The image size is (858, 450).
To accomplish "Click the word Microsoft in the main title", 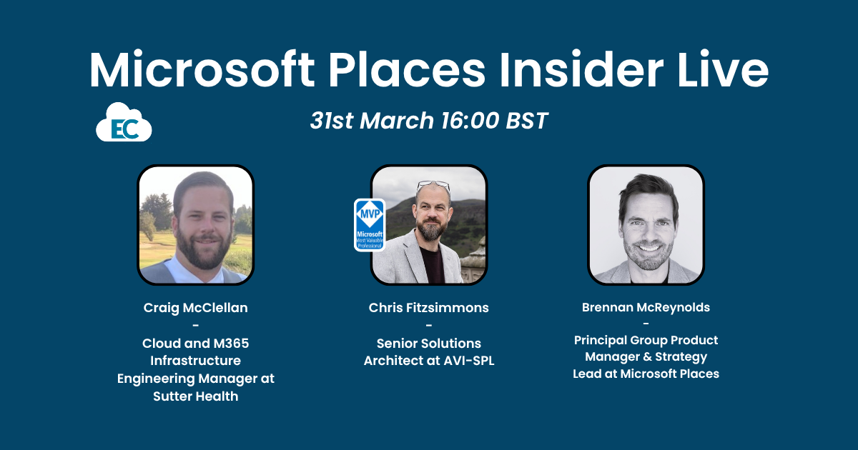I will (202, 70).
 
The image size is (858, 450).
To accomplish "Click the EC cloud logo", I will (124, 123).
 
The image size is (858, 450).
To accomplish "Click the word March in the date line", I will (398, 121).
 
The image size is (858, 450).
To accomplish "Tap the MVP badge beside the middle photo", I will (370, 225).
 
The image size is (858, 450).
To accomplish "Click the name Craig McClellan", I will (195, 308).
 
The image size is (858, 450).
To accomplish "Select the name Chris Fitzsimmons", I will (429, 308).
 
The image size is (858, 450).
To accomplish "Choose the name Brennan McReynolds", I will (646, 308).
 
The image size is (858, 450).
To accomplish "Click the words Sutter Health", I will (195, 396).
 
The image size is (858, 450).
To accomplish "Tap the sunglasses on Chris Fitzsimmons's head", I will (433, 185).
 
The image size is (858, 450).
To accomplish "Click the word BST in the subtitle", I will (526, 121).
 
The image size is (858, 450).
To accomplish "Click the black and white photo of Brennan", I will (646, 225).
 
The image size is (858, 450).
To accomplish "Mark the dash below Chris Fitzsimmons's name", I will (429, 326).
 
